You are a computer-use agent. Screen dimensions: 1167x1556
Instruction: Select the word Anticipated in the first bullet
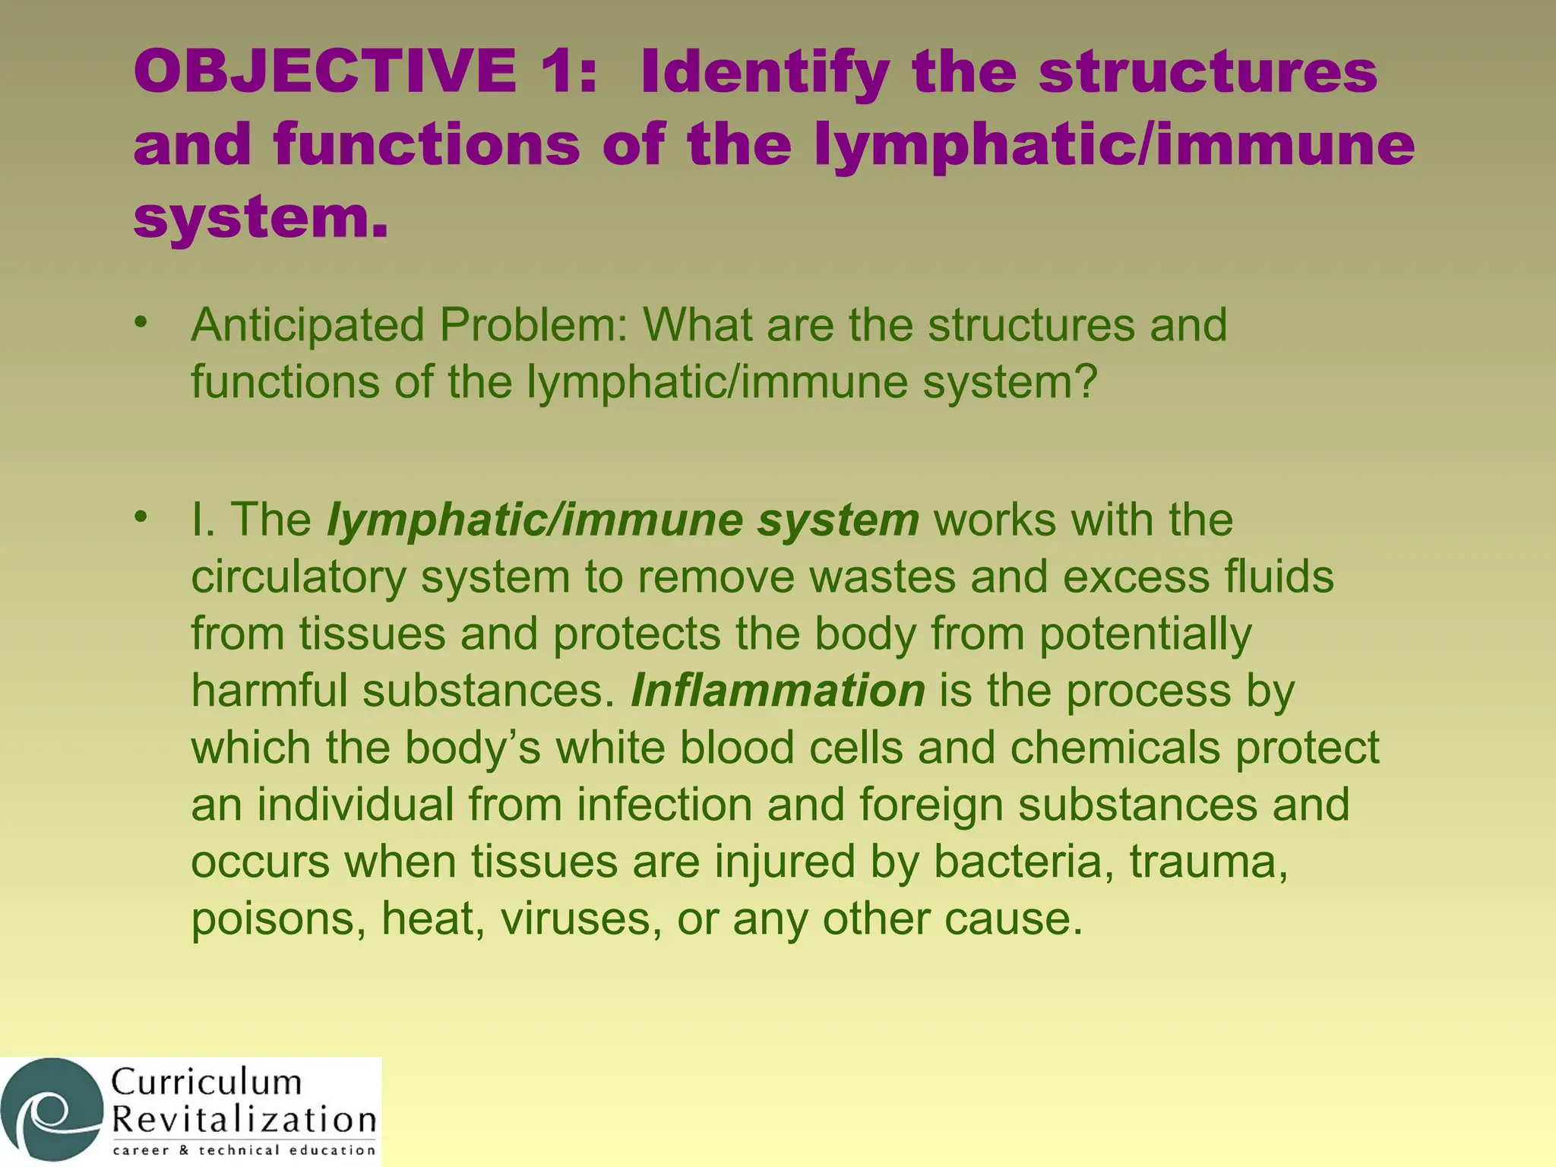pos(307,325)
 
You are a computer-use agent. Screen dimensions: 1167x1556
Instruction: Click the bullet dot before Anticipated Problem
pos(139,322)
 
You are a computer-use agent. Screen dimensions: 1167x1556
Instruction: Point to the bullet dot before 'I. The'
pos(139,517)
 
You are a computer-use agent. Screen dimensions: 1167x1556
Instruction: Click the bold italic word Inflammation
pos(777,691)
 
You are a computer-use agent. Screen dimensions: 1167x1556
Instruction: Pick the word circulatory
pos(299,577)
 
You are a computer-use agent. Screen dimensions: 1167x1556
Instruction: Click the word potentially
pos(1145,634)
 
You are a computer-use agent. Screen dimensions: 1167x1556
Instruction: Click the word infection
pos(664,805)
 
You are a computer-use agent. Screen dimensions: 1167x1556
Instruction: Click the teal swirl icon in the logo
pos(52,1110)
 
